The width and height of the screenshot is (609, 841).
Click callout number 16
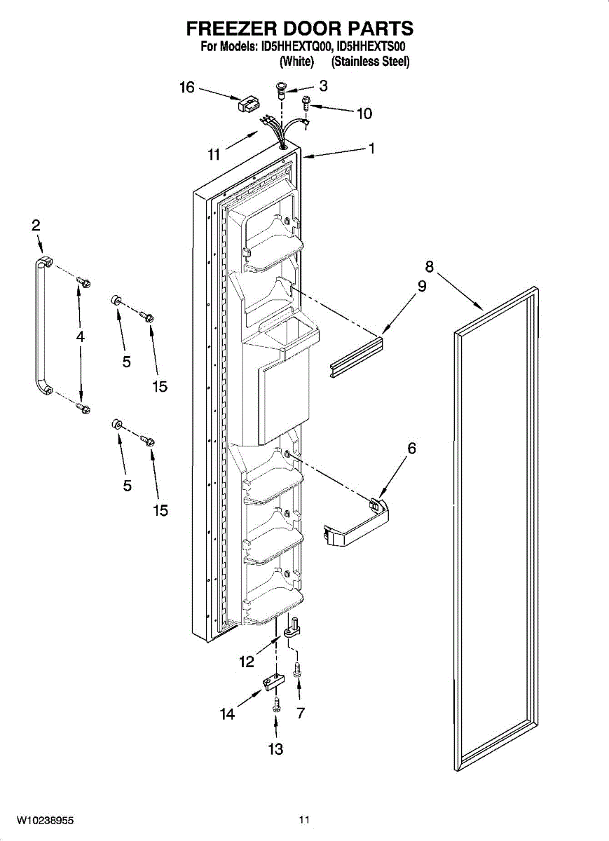(x=186, y=88)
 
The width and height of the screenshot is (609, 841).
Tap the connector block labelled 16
(x=246, y=104)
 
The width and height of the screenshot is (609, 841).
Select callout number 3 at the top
(x=323, y=86)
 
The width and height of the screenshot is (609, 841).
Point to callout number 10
(x=364, y=113)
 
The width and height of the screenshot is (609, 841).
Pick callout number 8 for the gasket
(x=429, y=266)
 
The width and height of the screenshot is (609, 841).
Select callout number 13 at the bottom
(x=275, y=749)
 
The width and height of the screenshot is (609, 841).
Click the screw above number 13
(x=276, y=703)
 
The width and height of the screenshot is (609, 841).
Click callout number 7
(x=301, y=713)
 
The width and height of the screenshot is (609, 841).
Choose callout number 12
(x=245, y=661)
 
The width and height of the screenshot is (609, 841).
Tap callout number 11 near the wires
(x=214, y=154)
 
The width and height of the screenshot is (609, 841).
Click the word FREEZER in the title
(x=230, y=28)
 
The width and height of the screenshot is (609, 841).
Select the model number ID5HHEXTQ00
(x=298, y=47)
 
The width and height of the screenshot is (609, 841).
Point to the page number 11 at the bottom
(x=303, y=819)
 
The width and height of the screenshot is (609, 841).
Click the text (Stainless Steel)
(x=370, y=62)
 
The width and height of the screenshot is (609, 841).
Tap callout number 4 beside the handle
(x=81, y=336)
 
